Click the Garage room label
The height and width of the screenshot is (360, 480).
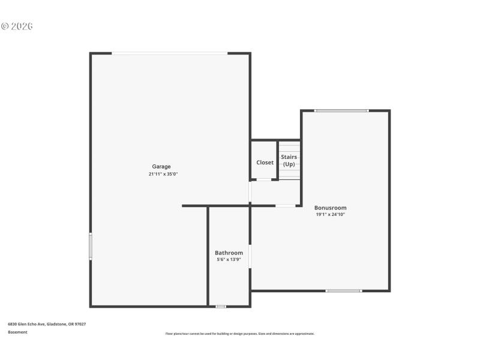pos(161,166)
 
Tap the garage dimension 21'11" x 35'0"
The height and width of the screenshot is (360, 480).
pos(163,174)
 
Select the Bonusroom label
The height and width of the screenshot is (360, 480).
pos(331,208)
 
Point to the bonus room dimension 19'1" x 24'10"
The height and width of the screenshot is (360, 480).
pos(331,215)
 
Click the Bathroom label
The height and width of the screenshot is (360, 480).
pos(229,253)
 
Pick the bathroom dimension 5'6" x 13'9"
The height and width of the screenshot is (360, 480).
pos(229,260)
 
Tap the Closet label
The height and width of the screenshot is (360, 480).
pos(265,163)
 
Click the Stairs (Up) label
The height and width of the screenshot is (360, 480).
pos(289,161)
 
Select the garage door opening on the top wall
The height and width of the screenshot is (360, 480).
pos(169,53)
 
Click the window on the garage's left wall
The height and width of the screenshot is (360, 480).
pos(91,246)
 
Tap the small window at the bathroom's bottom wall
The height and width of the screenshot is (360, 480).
pos(221,307)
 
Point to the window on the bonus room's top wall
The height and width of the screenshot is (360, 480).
pos(341,110)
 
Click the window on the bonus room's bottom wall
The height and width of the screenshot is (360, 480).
pos(344,291)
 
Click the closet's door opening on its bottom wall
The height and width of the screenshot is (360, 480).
pos(264,179)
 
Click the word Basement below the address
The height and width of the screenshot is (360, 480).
pos(17,332)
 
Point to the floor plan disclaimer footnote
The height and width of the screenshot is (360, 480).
pos(240,334)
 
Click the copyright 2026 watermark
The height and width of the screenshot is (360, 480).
pos(16,26)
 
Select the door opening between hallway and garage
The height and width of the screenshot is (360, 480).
pos(250,192)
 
